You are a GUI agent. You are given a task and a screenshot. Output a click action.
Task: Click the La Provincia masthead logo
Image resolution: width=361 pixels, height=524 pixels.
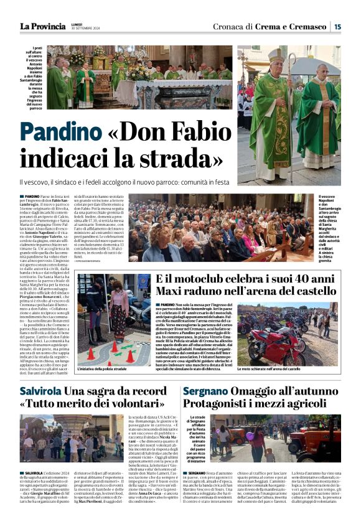(x=42, y=26)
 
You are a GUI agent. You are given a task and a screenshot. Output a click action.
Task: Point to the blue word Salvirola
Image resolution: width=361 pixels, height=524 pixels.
(x=40, y=391)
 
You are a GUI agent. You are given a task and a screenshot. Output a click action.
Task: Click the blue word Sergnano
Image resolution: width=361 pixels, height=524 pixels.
(x=205, y=391)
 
